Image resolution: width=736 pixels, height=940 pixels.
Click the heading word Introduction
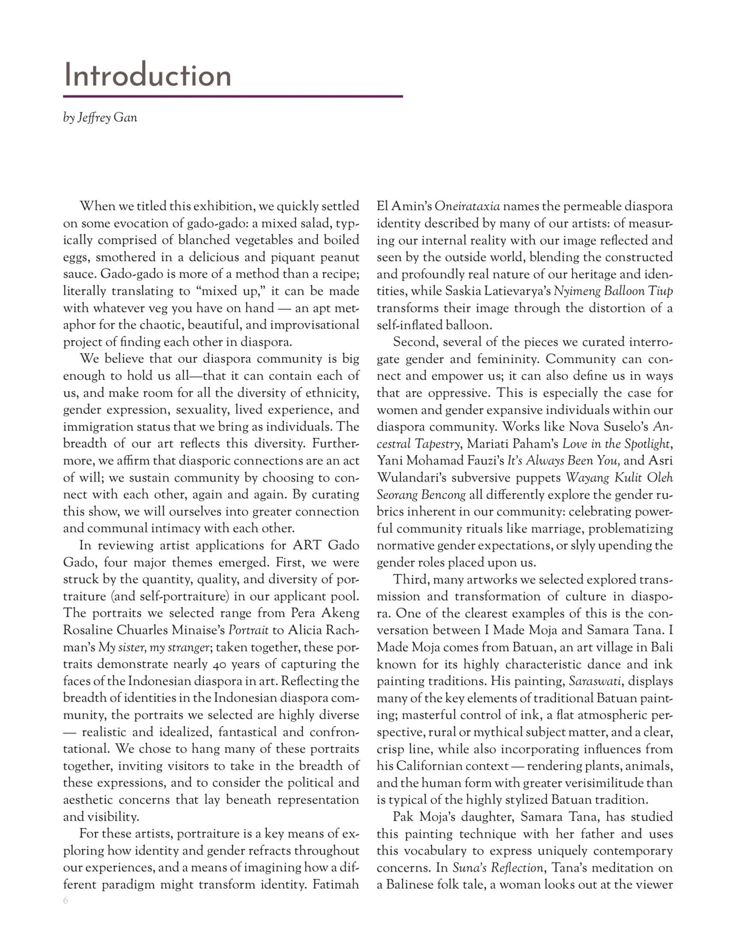coord(147,75)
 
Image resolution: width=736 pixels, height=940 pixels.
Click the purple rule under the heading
coord(232,96)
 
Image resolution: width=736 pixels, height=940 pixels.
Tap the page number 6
coord(66,901)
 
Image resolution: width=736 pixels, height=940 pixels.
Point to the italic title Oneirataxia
coord(467,206)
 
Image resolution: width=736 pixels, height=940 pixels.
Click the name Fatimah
coord(336,885)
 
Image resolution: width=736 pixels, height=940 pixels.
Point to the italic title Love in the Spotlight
coord(616,444)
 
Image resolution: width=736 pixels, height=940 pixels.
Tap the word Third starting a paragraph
coord(411,580)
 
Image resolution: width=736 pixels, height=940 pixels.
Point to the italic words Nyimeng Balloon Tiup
coord(613,291)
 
